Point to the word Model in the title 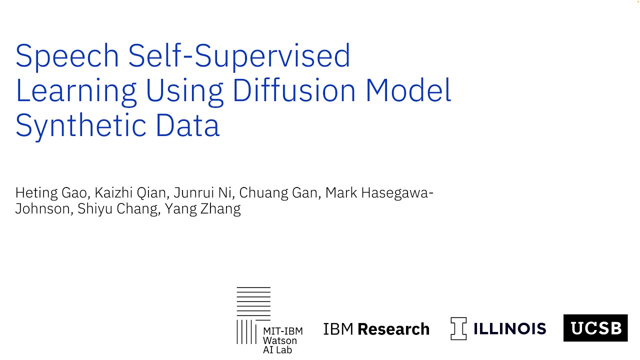(x=408, y=90)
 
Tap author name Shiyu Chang (x=117, y=208)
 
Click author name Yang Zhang (x=202, y=208)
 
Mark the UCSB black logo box (x=595, y=328)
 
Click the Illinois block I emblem (x=458, y=328)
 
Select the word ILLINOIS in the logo (x=509, y=328)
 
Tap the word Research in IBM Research (x=393, y=329)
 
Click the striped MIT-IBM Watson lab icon (x=253, y=315)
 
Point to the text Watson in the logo (x=279, y=340)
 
